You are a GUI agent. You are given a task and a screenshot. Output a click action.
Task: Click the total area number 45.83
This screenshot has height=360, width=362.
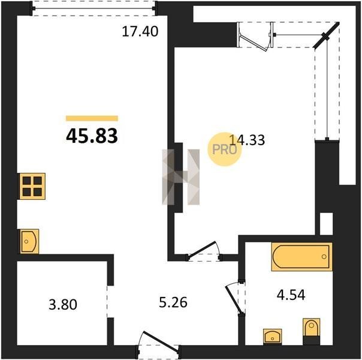92,136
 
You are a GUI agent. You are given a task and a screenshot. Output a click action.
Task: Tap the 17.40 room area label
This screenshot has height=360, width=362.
140,31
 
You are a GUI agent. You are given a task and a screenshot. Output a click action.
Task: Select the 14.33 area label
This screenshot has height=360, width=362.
248,140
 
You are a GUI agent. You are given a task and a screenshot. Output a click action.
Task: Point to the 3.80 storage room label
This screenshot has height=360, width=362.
63,305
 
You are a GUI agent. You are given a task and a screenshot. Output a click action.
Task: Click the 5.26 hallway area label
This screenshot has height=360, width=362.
173,302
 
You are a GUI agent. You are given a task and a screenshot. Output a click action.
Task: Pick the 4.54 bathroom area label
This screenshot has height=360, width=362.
291,295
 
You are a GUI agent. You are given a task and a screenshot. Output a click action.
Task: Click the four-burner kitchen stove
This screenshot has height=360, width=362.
32,186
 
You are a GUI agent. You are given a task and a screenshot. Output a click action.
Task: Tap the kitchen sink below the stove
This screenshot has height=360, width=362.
29,241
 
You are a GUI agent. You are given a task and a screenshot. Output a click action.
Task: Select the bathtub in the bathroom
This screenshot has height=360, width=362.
302,256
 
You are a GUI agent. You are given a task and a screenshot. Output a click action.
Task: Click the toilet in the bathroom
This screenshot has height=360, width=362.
311,331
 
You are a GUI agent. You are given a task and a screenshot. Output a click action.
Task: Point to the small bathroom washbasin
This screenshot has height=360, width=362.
273,337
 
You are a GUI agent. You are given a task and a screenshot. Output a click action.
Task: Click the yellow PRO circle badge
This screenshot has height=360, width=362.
224,149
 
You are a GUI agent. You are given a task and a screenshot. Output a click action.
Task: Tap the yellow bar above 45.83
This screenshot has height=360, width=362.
92,118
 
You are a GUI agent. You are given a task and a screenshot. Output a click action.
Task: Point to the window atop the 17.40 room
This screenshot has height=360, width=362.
94,8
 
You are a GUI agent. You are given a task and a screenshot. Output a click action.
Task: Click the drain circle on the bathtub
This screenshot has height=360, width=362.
324,257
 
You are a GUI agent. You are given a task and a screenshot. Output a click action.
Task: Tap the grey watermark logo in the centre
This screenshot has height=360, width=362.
181,177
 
